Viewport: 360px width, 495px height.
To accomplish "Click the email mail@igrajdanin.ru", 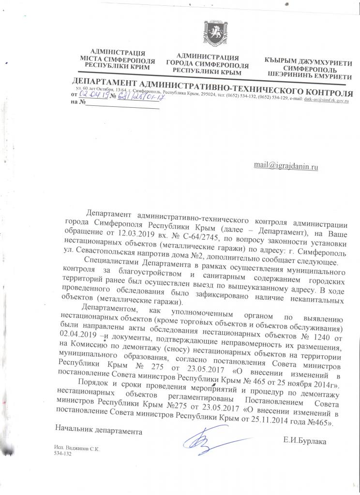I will click(286, 165).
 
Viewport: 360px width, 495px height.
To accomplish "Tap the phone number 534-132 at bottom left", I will click(63, 455).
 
